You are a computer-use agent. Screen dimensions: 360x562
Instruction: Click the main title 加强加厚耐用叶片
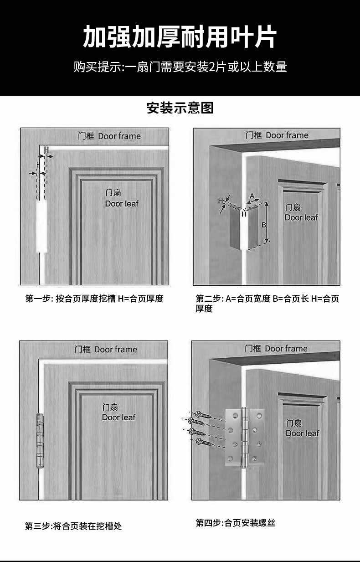[x=180, y=37]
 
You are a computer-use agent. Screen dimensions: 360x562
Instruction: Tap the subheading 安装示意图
[x=180, y=108]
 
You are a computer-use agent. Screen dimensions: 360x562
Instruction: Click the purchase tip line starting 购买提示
[x=180, y=67]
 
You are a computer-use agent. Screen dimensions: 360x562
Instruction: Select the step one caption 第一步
[x=94, y=299]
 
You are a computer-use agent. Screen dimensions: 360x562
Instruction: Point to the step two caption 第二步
[x=267, y=303]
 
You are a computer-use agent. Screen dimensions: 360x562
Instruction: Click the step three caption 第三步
[x=73, y=526]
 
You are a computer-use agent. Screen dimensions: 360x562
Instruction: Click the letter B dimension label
[x=264, y=225]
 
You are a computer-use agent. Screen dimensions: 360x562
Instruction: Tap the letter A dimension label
[x=252, y=196]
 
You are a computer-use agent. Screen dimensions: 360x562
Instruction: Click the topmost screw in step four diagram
[x=203, y=415]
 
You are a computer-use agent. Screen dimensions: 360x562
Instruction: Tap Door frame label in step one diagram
[x=109, y=136]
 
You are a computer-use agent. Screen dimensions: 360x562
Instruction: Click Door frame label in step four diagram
[x=276, y=349]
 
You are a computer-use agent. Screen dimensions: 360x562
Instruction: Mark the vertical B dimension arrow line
[x=267, y=222]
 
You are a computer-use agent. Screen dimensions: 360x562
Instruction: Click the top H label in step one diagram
[x=46, y=150]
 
